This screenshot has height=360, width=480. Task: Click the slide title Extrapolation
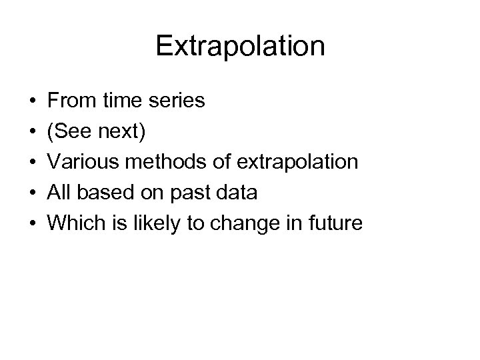(x=240, y=46)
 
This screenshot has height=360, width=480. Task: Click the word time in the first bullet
(x=121, y=101)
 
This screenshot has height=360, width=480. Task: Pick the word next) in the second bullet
(x=123, y=132)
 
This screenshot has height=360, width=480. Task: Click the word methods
(x=161, y=162)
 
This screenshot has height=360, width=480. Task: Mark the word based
(x=101, y=193)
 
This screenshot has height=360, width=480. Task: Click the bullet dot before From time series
(x=33, y=102)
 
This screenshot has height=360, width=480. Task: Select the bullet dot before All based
(x=33, y=193)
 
